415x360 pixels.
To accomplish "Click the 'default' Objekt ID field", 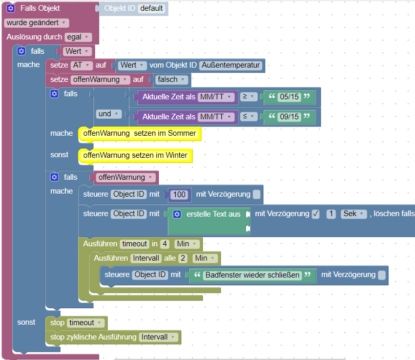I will pos(152,8).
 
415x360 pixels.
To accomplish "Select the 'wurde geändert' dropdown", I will pos(36,23).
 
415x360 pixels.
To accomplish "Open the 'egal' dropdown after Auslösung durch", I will pos(78,37).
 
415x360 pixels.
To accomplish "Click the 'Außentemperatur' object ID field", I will pos(231,65).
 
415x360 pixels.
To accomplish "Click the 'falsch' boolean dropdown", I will pos(171,79).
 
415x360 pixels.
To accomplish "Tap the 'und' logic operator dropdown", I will pos(108,114).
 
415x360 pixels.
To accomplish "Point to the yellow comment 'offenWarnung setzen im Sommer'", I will pos(139,134).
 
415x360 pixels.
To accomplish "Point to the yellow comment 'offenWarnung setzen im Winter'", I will pos(135,155).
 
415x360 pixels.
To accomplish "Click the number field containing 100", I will pos(179,195).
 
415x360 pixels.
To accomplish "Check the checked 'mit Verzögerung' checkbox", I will pos(316,214).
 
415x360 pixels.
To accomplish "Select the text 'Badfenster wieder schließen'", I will pos(252,275).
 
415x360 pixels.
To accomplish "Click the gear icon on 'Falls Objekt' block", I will pos(11,9).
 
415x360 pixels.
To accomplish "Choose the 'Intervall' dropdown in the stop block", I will pos(159,337).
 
